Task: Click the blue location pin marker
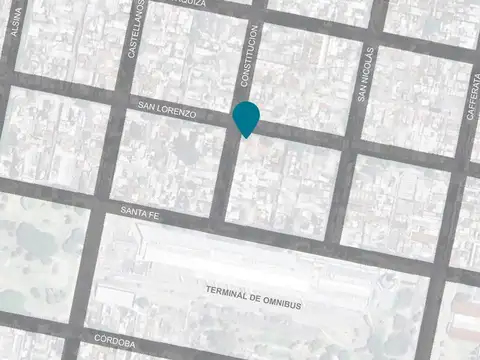(x=246, y=117)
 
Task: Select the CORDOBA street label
(x=116, y=342)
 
